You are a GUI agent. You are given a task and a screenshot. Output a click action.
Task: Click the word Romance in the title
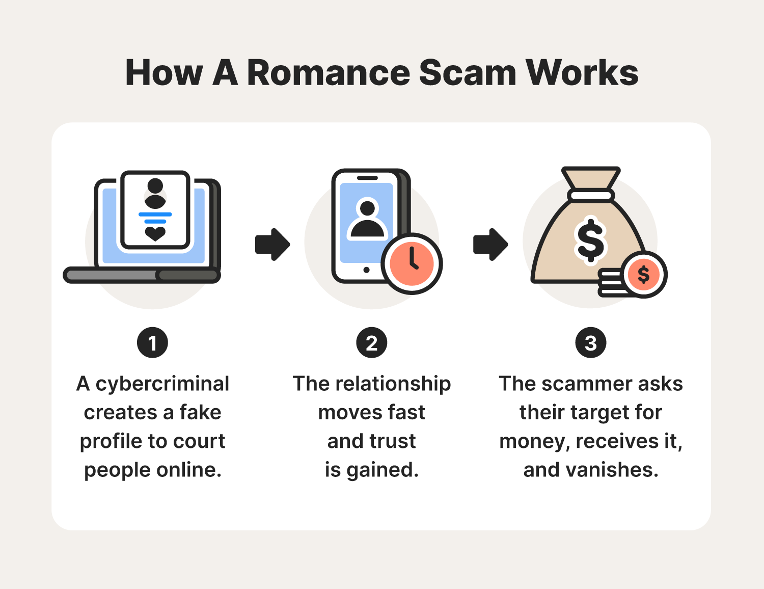pos(328,73)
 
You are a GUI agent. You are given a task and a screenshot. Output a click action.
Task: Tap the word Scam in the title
pos(468,73)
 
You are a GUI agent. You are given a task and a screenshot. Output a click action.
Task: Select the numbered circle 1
pos(152,343)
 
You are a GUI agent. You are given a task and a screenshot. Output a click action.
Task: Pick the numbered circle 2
pos(371,343)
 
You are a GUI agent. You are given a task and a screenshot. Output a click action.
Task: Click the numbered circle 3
pos(590,343)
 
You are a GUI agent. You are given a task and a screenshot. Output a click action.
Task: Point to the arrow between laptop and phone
pos(272,245)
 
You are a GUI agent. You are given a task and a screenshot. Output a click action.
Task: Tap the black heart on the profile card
pos(155,233)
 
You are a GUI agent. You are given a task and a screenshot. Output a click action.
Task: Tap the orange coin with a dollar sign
pos(644,275)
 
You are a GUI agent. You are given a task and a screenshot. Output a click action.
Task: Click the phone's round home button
pos(366,270)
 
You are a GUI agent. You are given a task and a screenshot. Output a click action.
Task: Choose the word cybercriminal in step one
pos(162,384)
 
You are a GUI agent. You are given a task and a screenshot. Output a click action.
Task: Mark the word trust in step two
pos(393,441)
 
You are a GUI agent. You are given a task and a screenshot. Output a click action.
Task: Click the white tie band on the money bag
pos(591,196)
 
